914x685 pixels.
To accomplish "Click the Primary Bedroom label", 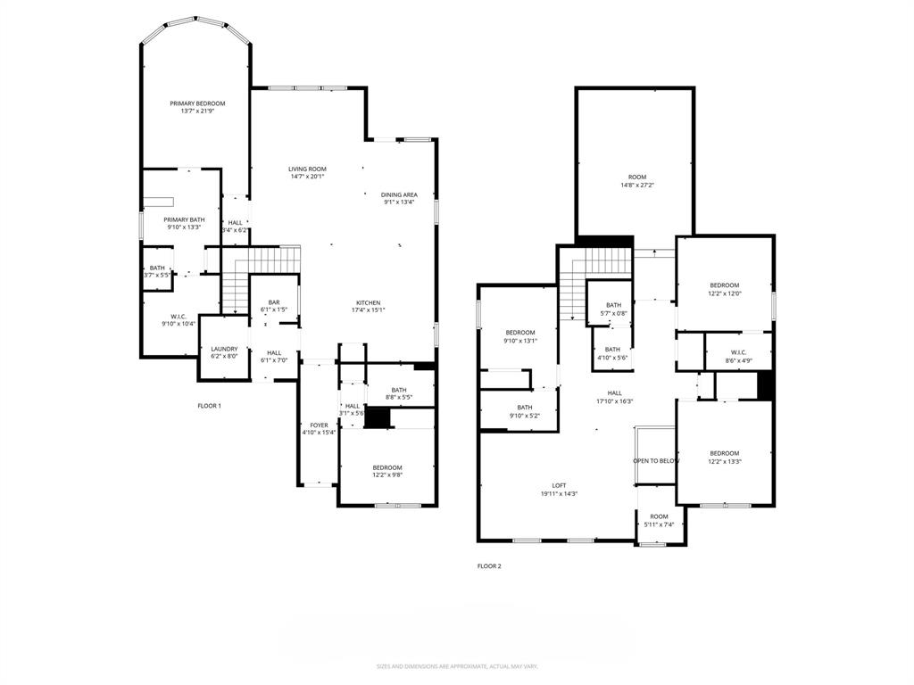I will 197,103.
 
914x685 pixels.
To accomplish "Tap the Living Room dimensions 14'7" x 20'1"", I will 307,177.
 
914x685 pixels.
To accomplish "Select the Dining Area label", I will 399,194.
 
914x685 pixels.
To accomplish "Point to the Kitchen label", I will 369,302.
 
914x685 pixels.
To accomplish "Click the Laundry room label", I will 224,349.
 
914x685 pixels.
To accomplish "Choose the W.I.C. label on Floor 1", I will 178,317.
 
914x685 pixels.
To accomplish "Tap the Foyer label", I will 319,425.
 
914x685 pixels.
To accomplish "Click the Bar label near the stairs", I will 274,302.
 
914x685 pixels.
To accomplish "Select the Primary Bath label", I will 184,219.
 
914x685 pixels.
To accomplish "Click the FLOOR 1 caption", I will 209,406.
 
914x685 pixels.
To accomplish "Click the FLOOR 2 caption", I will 489,565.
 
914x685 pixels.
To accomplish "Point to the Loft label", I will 559,485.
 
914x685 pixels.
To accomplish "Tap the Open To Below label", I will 656,460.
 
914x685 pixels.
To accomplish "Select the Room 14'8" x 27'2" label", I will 636,177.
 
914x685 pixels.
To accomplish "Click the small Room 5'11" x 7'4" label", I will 659,516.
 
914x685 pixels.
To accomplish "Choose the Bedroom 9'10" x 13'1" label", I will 519,333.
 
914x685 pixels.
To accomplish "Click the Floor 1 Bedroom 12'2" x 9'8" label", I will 386,467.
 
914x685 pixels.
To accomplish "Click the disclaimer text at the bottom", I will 456,666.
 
